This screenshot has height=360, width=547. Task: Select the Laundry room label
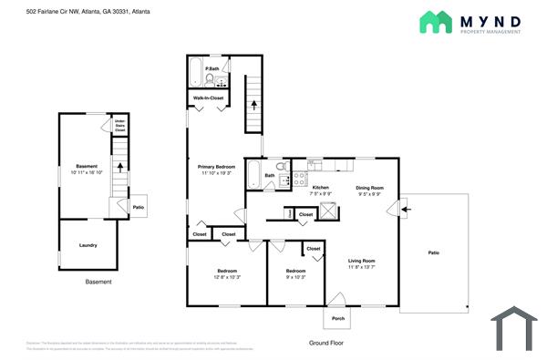point(88,245)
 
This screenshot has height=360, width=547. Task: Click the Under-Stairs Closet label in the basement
point(119,126)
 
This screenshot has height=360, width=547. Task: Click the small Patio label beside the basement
point(139,208)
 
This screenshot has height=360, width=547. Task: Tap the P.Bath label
point(212,69)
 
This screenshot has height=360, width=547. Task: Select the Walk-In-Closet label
point(209,97)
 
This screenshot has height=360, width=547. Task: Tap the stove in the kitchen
point(297,180)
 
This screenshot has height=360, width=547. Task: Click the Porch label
point(338,318)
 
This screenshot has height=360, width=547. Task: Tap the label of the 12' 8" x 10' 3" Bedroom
point(228,271)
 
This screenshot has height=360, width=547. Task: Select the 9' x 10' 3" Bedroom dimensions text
point(295,277)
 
